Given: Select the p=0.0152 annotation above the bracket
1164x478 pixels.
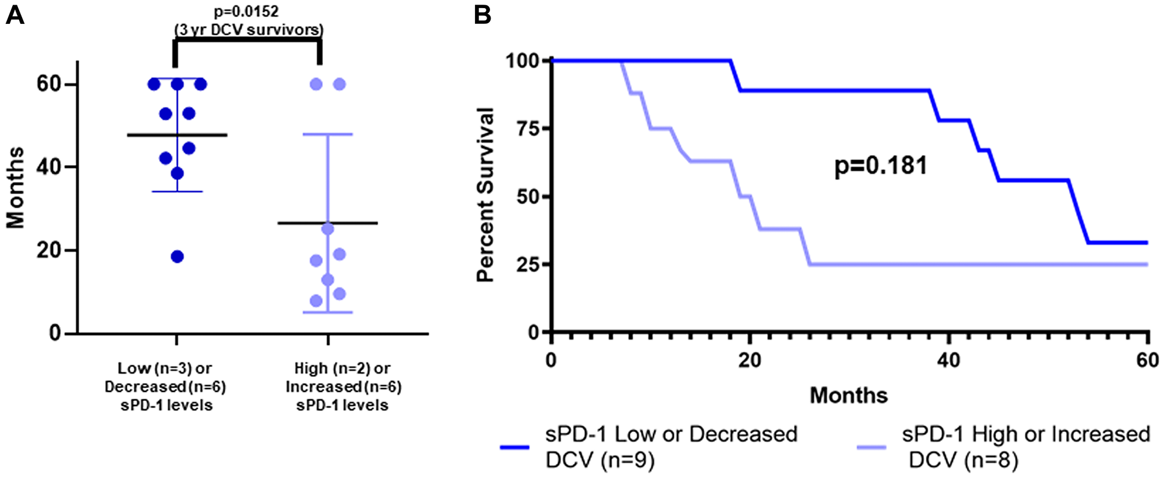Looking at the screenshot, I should [246, 11].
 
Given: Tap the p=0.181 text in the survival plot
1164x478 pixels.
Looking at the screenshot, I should [881, 166].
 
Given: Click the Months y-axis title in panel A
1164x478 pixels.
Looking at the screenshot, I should [16, 187].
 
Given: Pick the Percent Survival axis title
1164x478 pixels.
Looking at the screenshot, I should [485, 195].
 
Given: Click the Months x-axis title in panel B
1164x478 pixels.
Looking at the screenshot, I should [849, 395].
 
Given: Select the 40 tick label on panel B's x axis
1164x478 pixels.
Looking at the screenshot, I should [948, 360].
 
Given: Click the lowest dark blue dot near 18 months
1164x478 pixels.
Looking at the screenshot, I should [178, 256].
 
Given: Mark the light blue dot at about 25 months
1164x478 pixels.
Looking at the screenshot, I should [328, 229].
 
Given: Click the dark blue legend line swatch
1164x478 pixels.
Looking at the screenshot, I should [514, 447].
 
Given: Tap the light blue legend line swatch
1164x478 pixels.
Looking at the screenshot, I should [871, 447].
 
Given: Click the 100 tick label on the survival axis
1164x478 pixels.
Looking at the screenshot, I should [521, 60].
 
